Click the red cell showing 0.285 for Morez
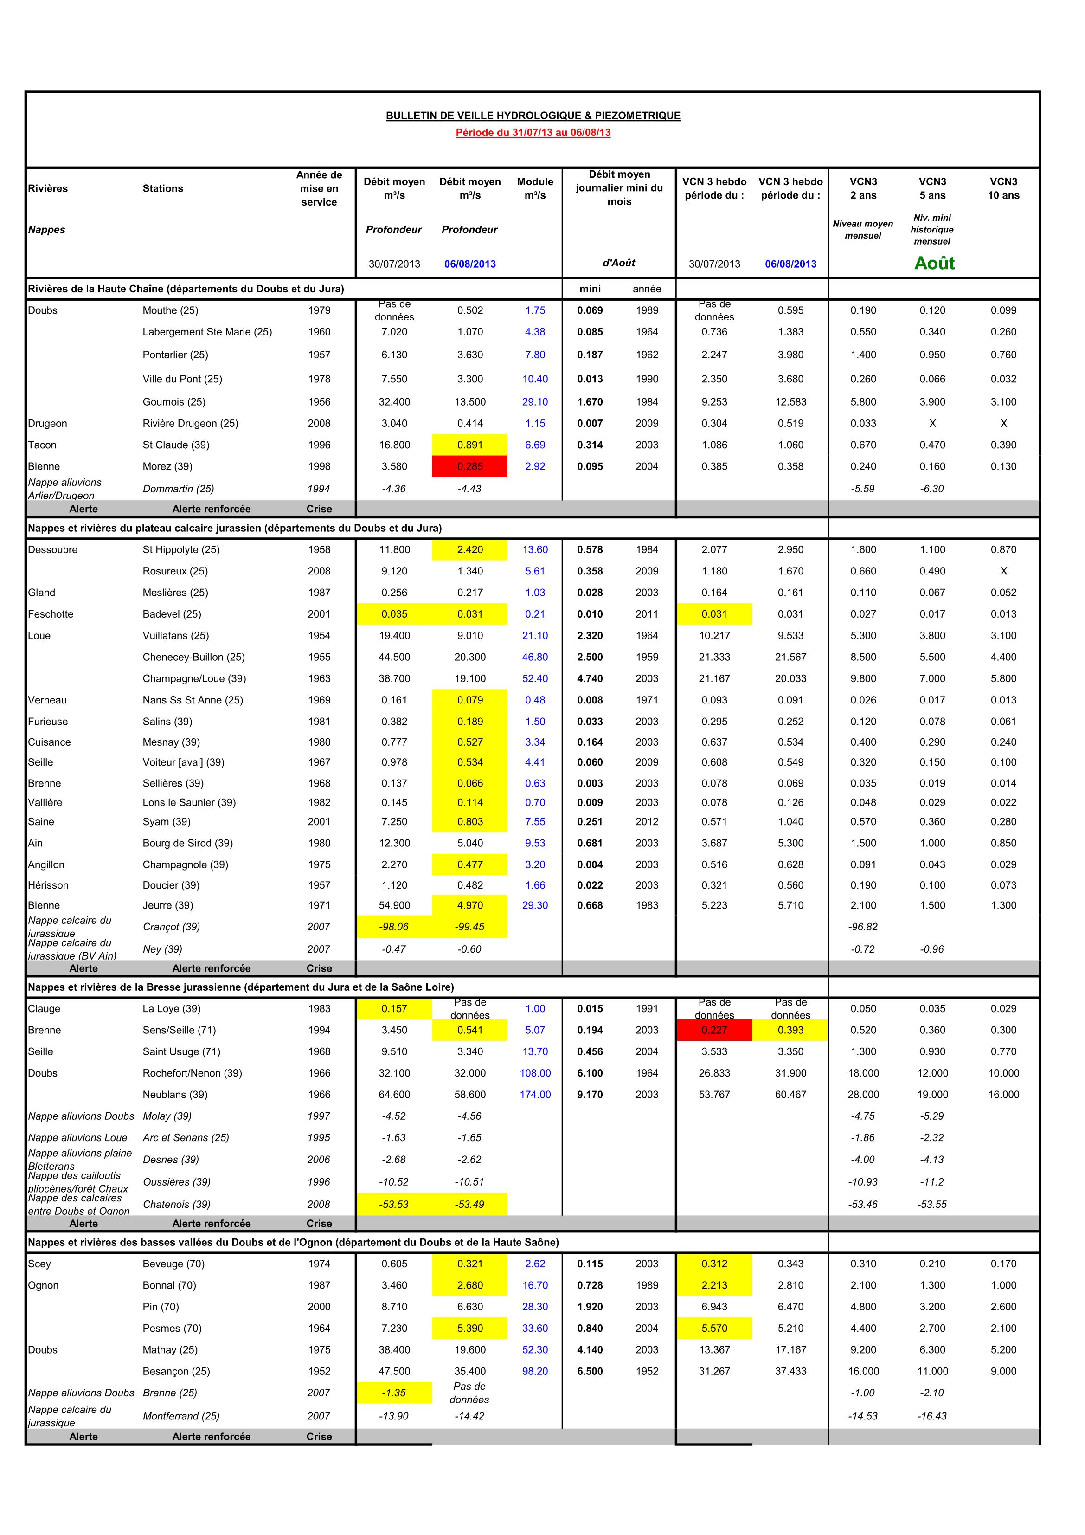[469, 467]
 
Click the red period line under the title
[533, 132]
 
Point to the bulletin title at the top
[533, 116]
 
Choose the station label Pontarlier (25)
[175, 355]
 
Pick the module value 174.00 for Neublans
[535, 1095]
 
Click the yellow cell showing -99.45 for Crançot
[469, 927]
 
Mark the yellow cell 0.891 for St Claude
[469, 445]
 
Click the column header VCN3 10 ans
[1003, 188]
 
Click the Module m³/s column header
[535, 188]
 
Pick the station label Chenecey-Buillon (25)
[193, 657]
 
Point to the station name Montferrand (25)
[180, 1416]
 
